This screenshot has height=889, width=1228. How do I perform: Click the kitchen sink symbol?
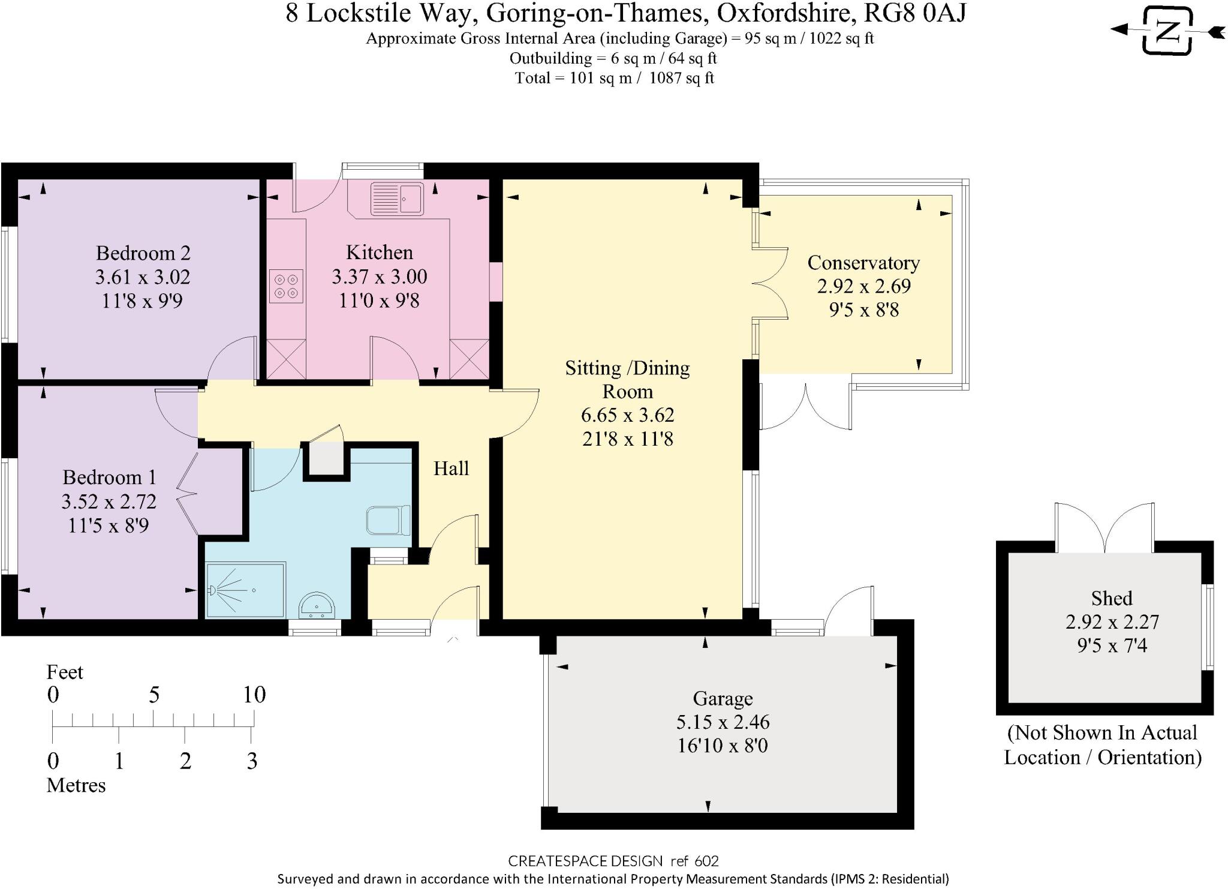pos(396,199)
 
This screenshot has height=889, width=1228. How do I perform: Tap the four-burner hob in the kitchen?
pos(286,286)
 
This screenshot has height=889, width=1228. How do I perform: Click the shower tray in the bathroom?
pos(245,590)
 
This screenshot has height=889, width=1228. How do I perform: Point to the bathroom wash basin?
pos(317,605)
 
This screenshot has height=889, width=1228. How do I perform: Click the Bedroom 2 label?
pos(143,253)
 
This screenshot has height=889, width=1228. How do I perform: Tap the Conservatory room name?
pos(863,263)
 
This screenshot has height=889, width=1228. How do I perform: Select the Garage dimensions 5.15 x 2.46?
pos(723,722)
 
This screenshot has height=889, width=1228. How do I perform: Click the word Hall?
pos(451,468)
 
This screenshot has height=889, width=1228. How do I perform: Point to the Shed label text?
pos(1111,598)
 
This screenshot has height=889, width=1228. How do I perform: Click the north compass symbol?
pos(1166,31)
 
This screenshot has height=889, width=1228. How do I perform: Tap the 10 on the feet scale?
pos(254,695)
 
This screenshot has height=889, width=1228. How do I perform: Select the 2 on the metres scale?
pos(185,761)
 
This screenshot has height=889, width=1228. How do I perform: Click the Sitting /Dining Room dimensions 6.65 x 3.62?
pos(627,415)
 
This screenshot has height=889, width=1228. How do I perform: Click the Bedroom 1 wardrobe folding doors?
pos(187,494)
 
